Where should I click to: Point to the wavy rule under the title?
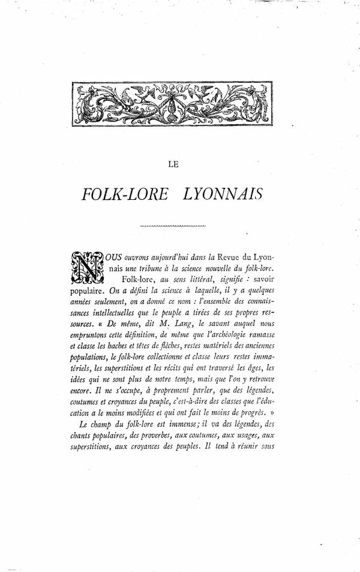172,226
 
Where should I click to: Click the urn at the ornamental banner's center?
176,107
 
